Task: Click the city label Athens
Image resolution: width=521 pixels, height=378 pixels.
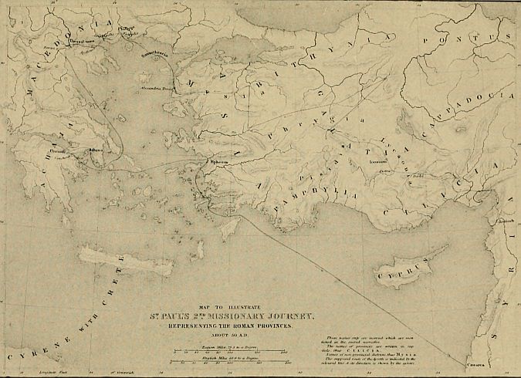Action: coord(96,151)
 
